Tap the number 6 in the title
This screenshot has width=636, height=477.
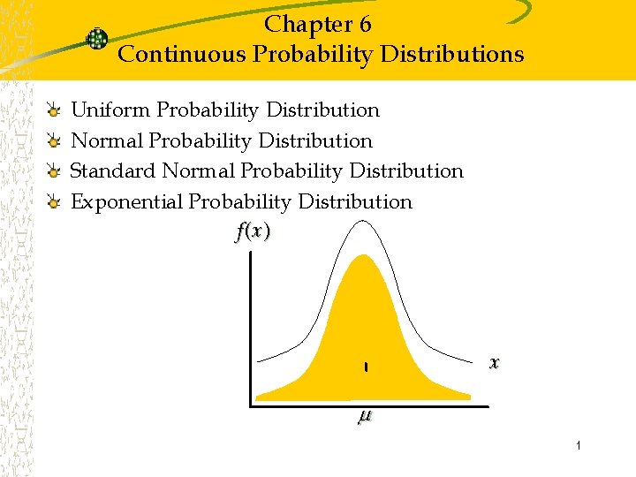(x=365, y=24)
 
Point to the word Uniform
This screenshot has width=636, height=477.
(x=110, y=110)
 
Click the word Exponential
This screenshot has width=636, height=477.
(x=126, y=201)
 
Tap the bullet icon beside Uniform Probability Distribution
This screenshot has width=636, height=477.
(x=54, y=112)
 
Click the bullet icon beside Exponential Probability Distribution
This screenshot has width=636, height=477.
(x=54, y=203)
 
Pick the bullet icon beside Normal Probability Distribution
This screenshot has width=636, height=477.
(x=54, y=142)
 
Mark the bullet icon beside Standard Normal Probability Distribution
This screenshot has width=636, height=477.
(x=54, y=172)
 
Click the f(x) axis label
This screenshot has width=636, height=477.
(x=253, y=231)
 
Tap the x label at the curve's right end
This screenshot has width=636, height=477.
(x=495, y=362)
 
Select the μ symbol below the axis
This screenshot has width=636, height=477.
(x=364, y=417)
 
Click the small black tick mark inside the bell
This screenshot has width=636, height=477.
(x=365, y=367)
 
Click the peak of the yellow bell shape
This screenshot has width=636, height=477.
(x=362, y=257)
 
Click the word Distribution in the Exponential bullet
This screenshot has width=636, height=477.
(x=355, y=201)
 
